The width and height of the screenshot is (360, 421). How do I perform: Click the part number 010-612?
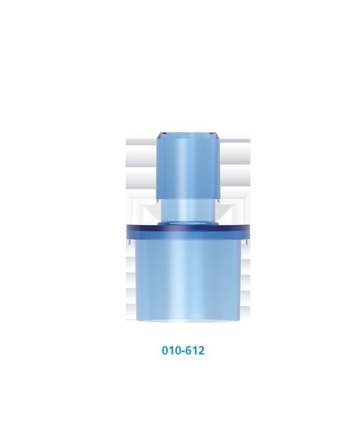(x=183, y=351)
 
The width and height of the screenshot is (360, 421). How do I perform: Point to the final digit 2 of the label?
(x=201, y=351)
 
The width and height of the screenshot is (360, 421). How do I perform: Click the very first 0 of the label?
(x=165, y=351)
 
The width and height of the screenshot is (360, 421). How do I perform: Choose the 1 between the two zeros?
(x=171, y=351)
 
